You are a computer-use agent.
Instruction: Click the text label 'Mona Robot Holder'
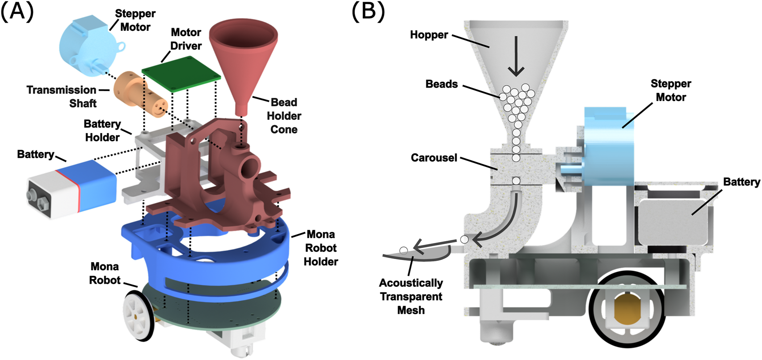coord(320,248)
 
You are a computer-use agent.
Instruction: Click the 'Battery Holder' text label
coord(102,130)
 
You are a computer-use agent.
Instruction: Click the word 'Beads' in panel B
coord(442,84)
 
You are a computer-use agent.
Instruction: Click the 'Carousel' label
coord(434,158)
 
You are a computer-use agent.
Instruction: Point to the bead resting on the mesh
coord(404,251)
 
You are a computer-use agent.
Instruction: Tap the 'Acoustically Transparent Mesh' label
coord(411,297)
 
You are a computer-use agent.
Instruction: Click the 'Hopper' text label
coord(429,35)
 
